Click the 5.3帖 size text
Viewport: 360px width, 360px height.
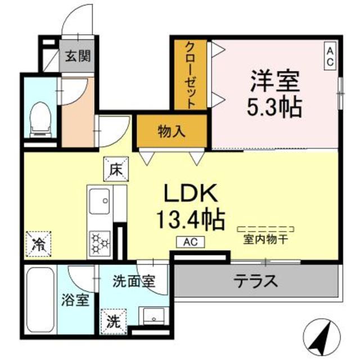coord(274,106)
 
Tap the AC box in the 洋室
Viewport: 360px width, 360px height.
coord(330,56)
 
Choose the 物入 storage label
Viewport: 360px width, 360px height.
coord(171,132)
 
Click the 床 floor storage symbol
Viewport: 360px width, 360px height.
coord(116,168)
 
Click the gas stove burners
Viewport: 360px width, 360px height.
coord(100,242)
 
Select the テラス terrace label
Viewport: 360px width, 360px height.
coord(256,280)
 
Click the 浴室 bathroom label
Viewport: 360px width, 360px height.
coord(75,300)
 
